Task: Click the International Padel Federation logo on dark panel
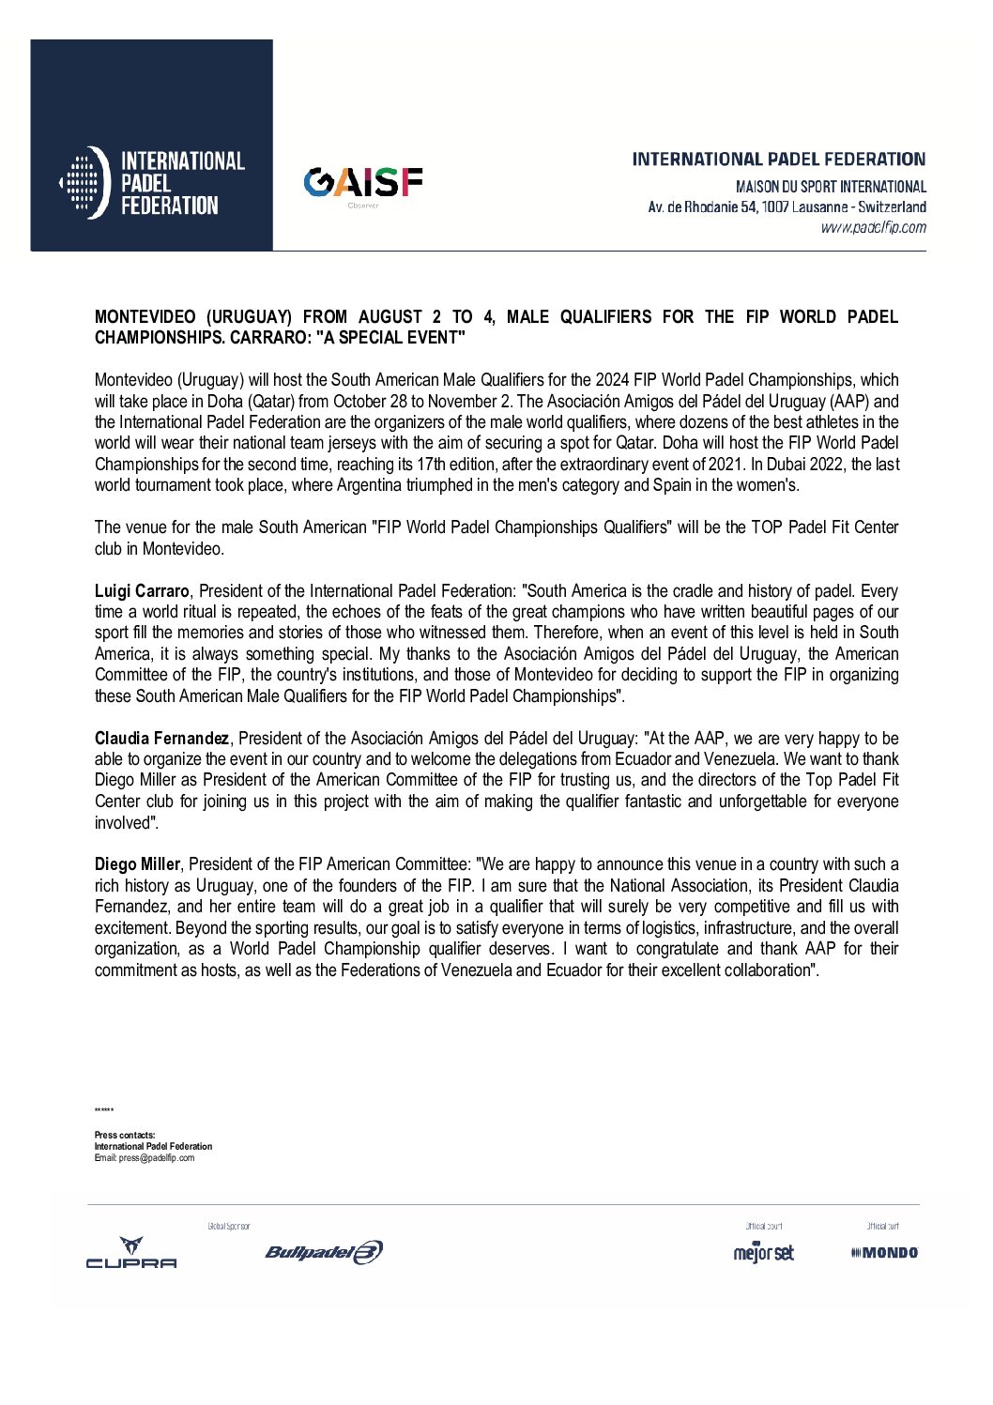click(152, 182)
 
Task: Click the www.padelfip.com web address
click(873, 227)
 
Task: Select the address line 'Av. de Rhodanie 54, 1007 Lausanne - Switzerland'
click(787, 207)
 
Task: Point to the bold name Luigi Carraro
click(142, 591)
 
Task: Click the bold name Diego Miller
click(137, 864)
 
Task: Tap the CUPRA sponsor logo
click(131, 1253)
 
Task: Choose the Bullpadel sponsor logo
click(324, 1252)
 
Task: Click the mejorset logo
click(763, 1252)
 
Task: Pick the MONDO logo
click(884, 1253)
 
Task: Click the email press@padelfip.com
click(157, 1158)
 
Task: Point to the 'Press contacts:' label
click(125, 1136)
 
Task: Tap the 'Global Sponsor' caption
click(229, 1227)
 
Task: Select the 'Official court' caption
click(763, 1227)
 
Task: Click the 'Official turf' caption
click(882, 1227)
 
